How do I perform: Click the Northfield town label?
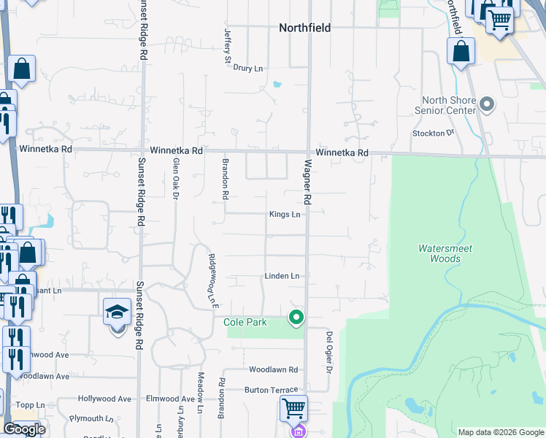(x=304, y=28)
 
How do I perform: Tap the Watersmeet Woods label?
(x=445, y=253)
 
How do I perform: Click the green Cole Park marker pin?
(x=296, y=318)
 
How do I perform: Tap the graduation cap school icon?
(x=117, y=313)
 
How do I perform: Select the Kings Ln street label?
(x=285, y=215)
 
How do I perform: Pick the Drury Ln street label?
(x=248, y=68)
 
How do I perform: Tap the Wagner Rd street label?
(x=308, y=182)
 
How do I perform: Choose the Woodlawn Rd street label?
(x=274, y=370)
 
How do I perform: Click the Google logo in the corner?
(x=24, y=429)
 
